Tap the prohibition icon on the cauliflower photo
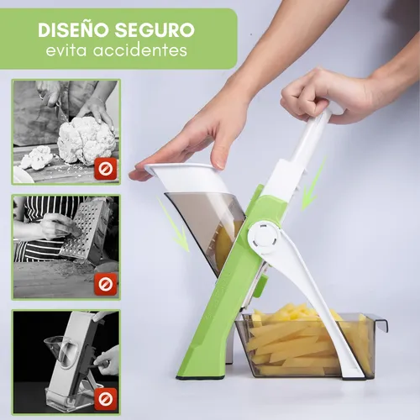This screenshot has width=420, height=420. pos(106,169)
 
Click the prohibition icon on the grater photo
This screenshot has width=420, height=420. pos(106,284)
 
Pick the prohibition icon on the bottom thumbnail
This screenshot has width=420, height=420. pos(106,398)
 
